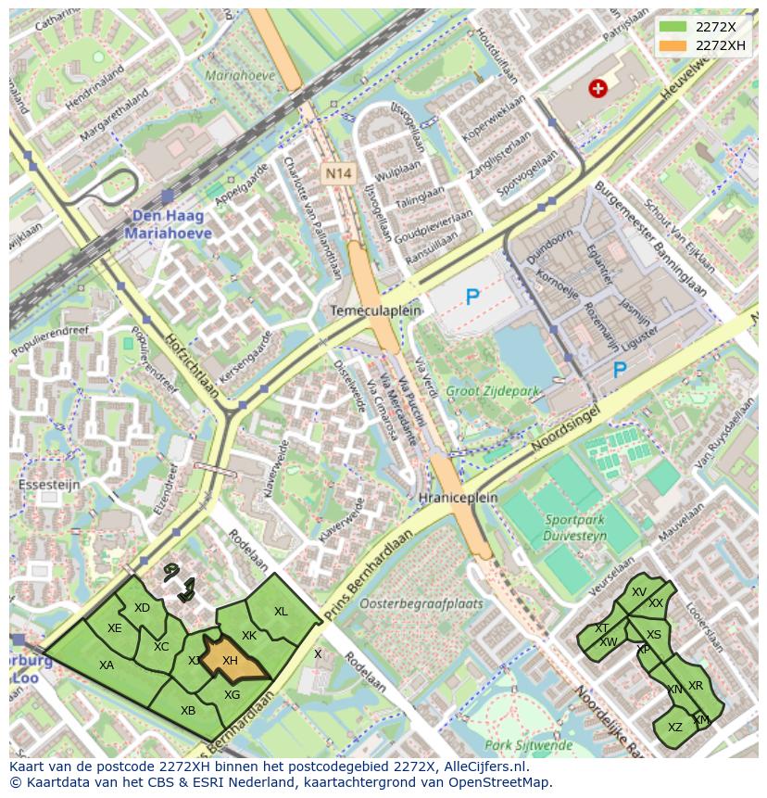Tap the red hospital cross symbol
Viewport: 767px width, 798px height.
598,88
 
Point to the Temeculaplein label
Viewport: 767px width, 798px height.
375,310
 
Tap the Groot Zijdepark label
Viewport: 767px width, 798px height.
491,391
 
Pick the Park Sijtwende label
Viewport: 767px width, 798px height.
529,744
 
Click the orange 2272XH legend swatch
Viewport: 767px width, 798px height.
673,45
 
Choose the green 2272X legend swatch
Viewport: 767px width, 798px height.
673,27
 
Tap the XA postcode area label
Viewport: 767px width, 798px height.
107,665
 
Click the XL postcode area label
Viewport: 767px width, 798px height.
281,611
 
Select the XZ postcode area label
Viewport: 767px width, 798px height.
675,727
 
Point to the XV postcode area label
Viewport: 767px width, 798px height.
638,591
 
